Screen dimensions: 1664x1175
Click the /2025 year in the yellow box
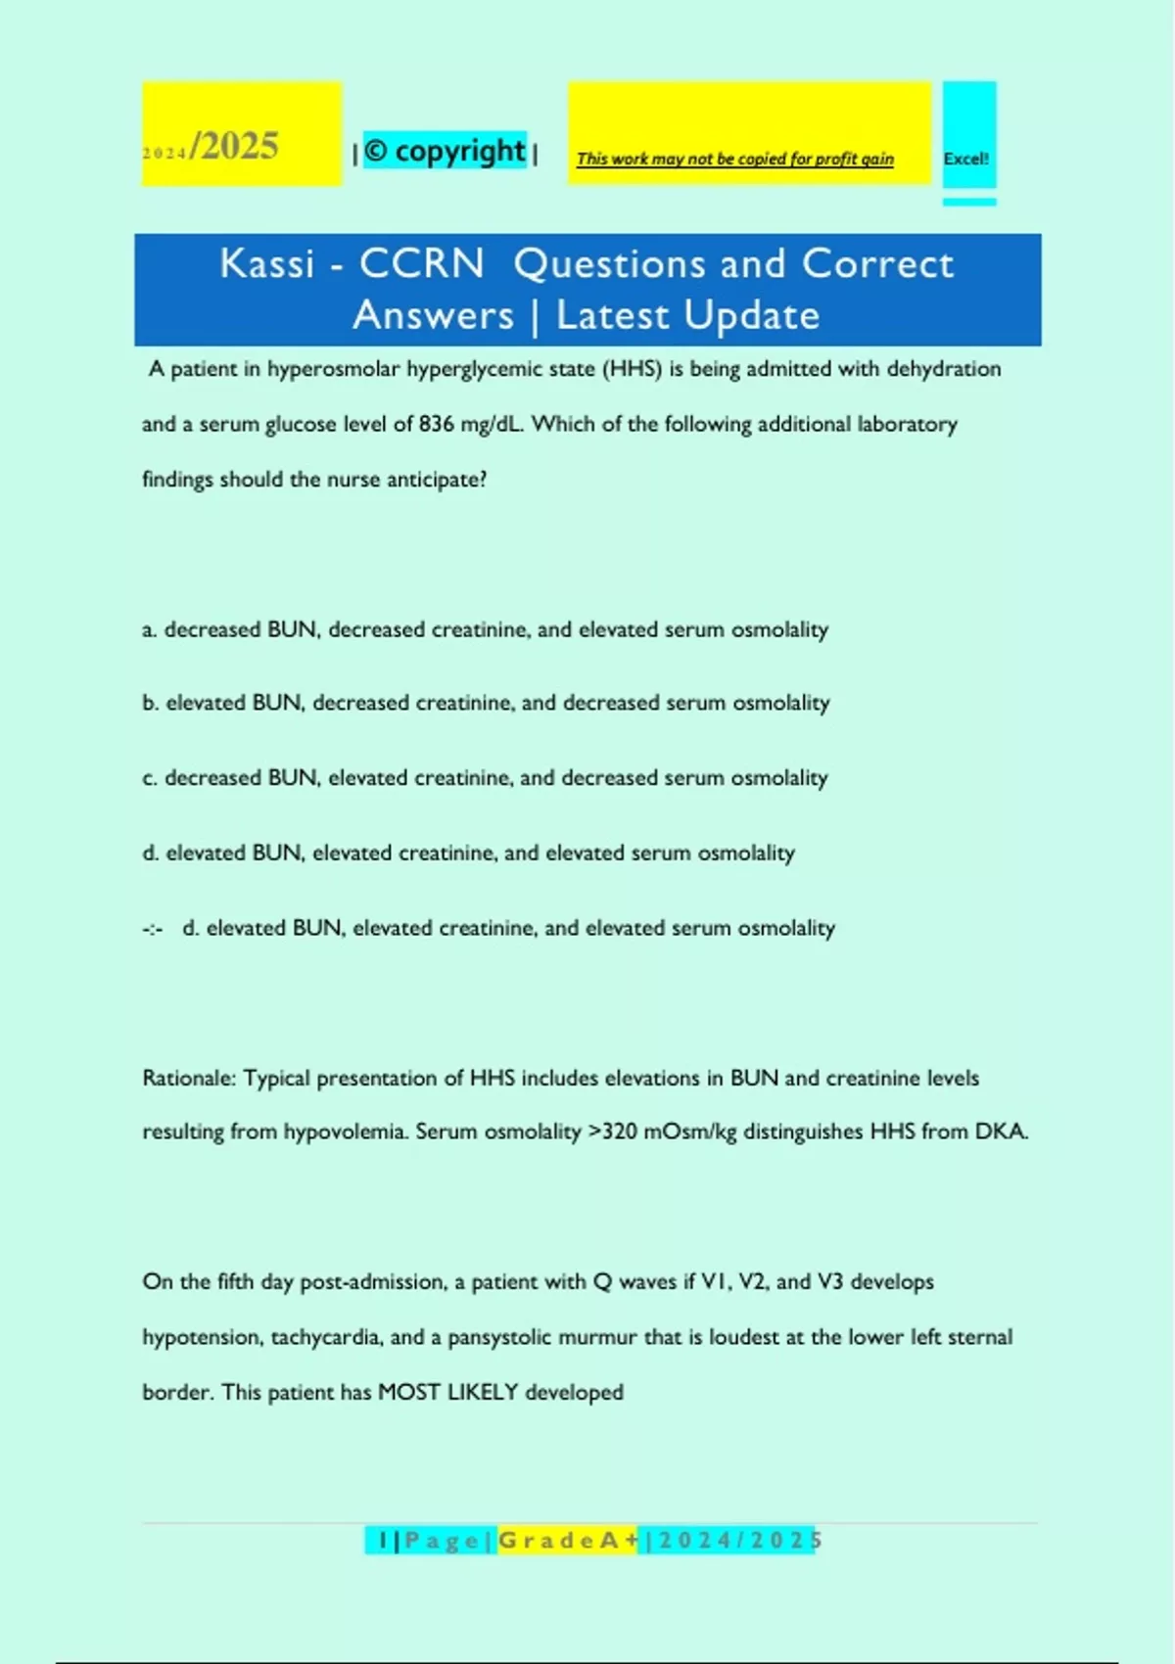pos(235,147)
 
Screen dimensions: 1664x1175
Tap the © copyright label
pos(446,151)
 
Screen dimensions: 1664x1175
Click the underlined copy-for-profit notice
pos(734,159)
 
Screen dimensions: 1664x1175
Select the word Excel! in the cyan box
pos(965,159)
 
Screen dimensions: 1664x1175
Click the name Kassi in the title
pos(267,263)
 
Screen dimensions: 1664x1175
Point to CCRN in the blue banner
pos(421,263)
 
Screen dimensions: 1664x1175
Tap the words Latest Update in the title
pos(687,315)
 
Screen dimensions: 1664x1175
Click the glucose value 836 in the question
pos(437,424)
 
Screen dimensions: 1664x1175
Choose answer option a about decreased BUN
pos(485,629)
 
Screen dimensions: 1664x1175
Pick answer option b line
pos(485,703)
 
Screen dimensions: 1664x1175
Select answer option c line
pos(485,778)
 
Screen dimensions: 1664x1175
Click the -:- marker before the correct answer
pos(153,929)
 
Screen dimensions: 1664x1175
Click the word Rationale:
pos(189,1079)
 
